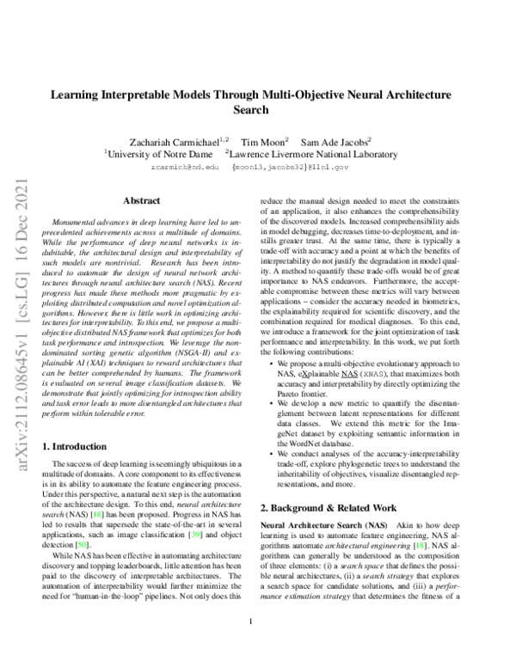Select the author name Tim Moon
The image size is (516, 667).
tap(264, 141)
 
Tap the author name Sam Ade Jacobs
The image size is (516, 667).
tap(339, 141)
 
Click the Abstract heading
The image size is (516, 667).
tap(143, 199)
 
